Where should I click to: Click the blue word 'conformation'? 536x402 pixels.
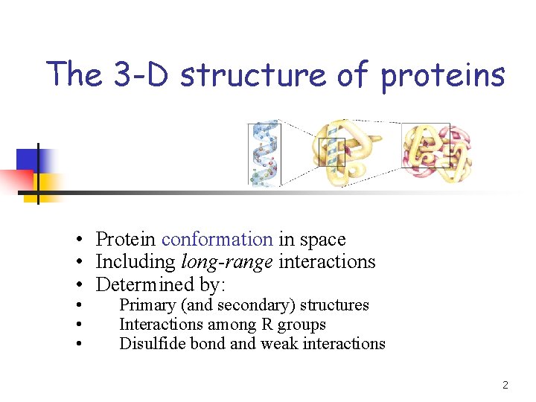coord(217,240)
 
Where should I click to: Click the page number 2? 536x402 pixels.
coord(505,386)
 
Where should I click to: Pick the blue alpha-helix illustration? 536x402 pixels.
coord(264,153)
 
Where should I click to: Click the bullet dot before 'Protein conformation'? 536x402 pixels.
coord(78,240)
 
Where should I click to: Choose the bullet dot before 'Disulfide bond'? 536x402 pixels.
coord(78,344)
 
